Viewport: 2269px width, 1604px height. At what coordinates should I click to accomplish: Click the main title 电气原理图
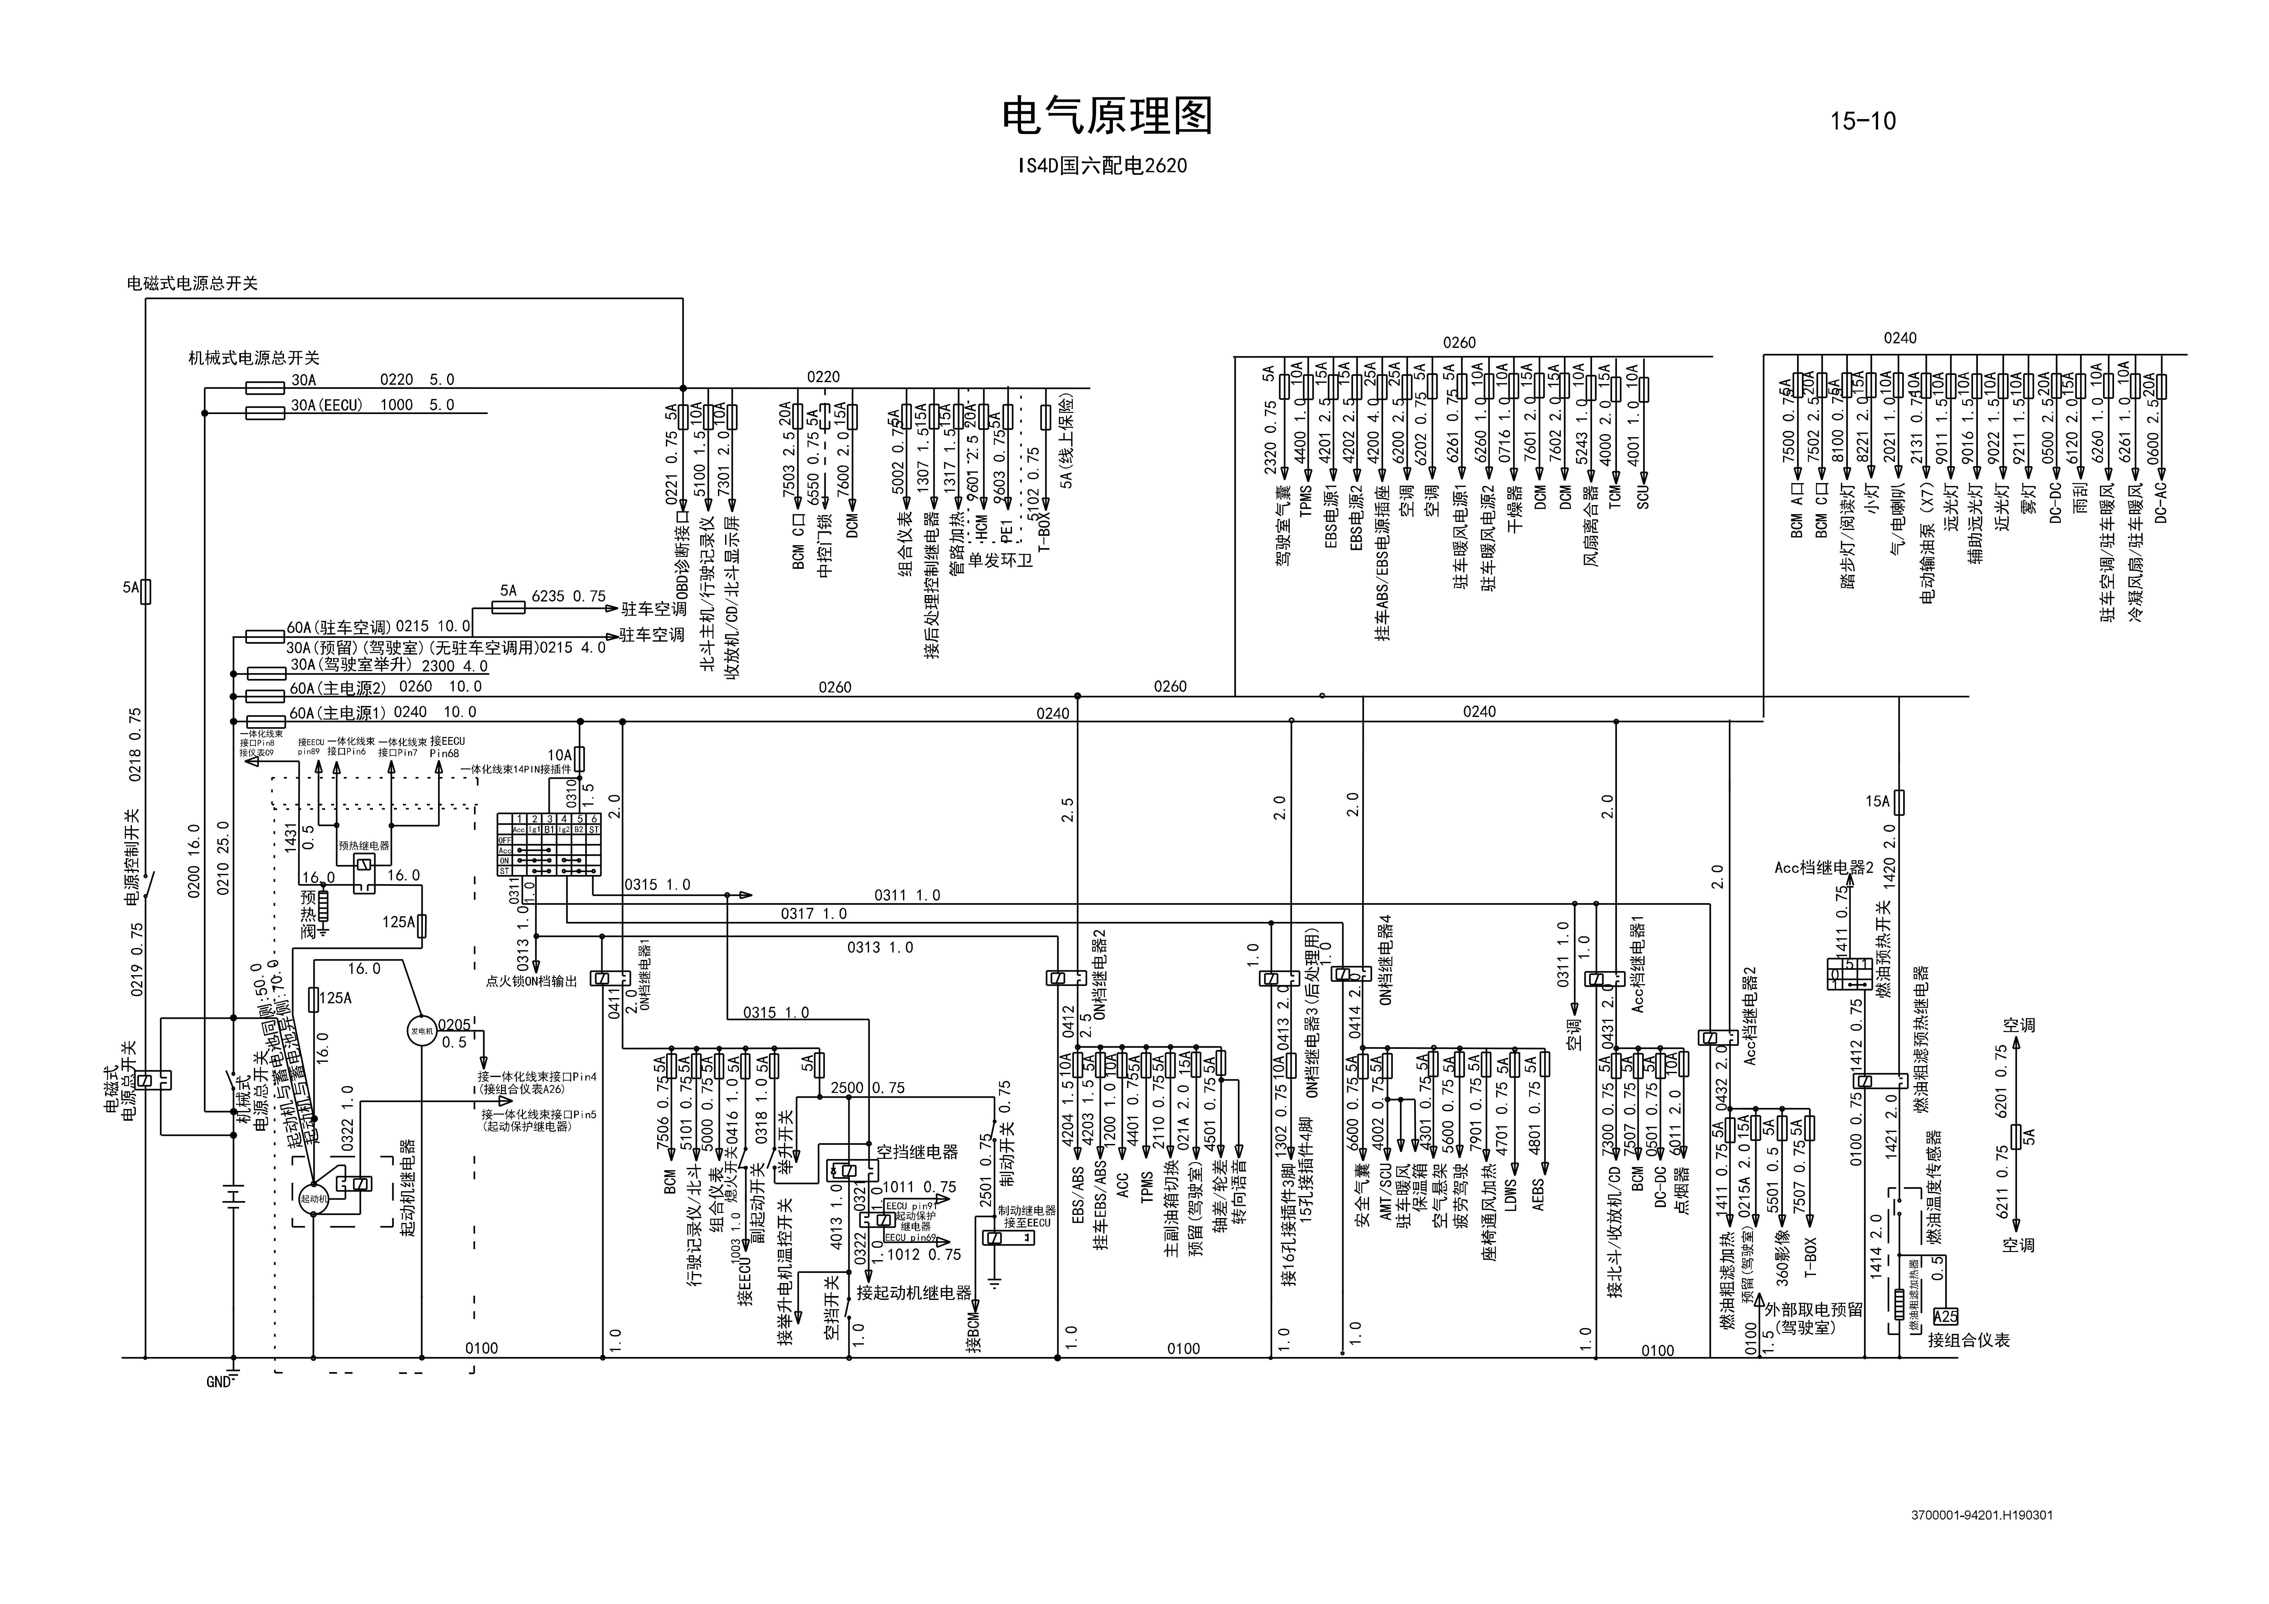1107,116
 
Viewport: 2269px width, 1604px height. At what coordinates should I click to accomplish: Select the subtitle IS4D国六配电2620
1103,166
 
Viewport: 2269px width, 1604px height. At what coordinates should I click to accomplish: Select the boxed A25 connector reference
1945,1316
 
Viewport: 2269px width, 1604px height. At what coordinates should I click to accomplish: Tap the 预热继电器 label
364,846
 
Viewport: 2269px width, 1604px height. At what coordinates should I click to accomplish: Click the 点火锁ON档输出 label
531,981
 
